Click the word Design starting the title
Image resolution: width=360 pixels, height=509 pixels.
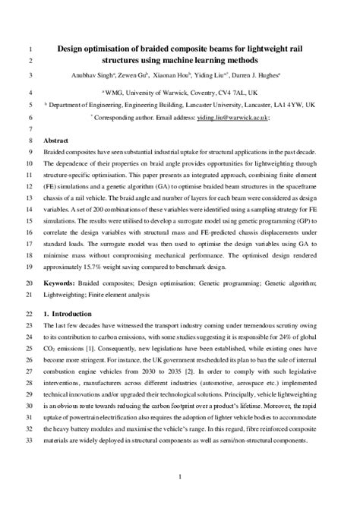pos(75,47)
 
